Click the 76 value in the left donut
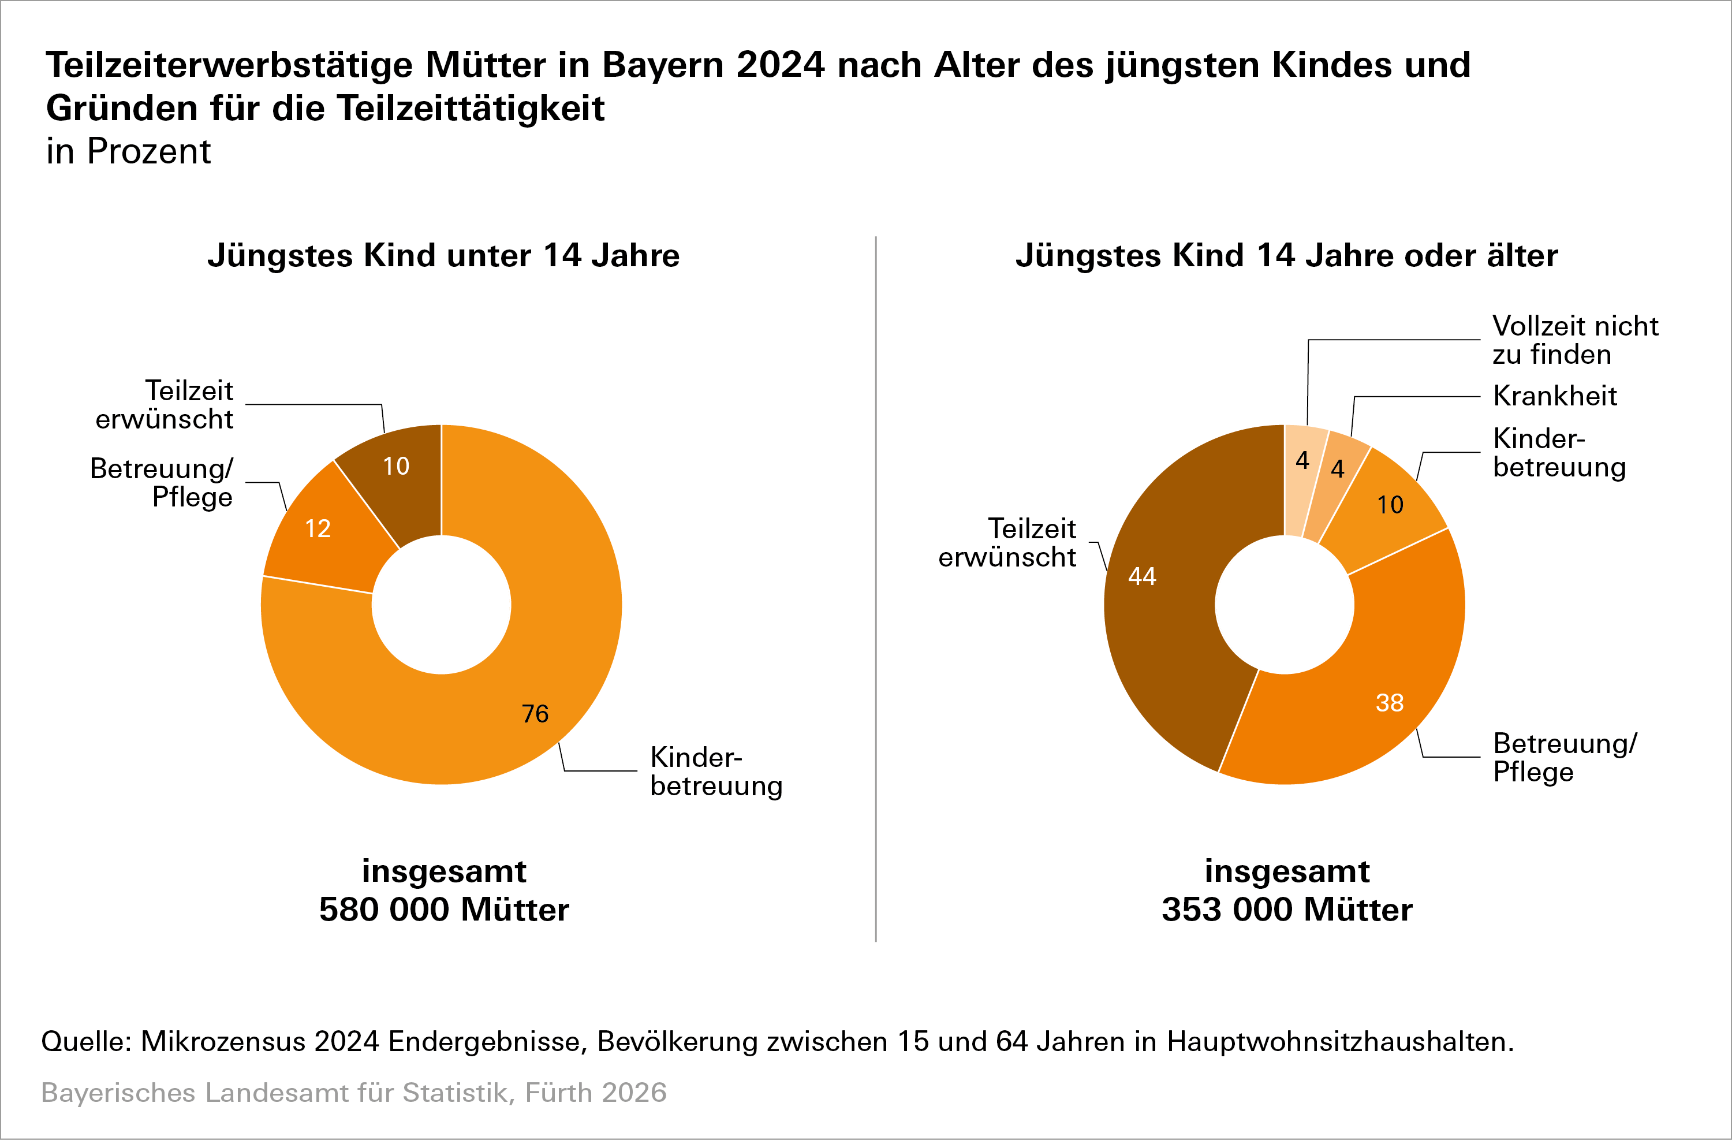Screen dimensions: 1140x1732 (x=535, y=713)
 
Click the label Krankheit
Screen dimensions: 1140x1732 (x=1554, y=396)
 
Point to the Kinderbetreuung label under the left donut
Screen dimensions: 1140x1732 (x=716, y=772)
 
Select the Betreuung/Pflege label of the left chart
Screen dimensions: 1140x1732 (x=162, y=483)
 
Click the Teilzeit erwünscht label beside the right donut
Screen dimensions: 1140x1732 (x=1007, y=543)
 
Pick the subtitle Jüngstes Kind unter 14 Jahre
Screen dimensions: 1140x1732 (x=443, y=255)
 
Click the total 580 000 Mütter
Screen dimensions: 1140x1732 (x=444, y=909)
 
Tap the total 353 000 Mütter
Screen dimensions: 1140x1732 (x=1287, y=909)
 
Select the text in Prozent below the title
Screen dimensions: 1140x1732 (x=128, y=151)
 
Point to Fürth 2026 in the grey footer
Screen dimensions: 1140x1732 (x=595, y=1093)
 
